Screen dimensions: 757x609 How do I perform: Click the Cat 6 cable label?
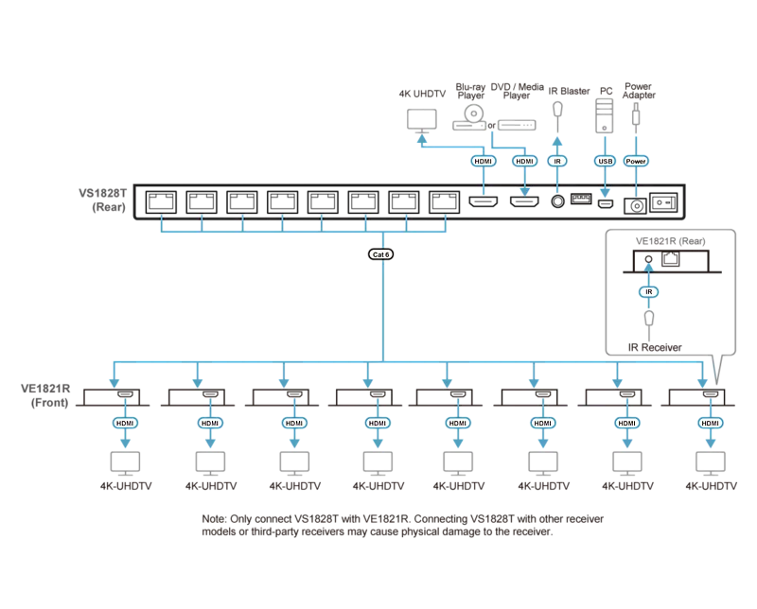(381, 254)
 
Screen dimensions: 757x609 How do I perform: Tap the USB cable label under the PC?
(605, 161)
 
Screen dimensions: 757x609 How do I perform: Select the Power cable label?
(636, 161)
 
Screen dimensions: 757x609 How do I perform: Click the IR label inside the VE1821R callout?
(649, 292)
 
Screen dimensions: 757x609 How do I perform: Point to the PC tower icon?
(605, 115)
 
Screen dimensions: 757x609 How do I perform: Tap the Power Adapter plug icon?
(636, 114)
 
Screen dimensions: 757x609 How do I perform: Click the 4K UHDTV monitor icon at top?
(422, 121)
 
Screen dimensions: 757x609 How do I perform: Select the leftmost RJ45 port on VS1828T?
(161, 201)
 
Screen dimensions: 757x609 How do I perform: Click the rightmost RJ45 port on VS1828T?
(444, 201)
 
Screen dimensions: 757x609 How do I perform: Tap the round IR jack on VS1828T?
(557, 201)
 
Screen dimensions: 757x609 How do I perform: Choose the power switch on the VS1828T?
(663, 202)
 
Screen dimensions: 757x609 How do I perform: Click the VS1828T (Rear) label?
(102, 200)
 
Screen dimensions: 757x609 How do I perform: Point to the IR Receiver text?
(655, 347)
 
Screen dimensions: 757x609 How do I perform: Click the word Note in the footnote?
(214, 519)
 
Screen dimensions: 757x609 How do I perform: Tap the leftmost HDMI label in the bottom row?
(125, 424)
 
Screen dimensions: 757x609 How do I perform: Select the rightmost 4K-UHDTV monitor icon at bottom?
(711, 463)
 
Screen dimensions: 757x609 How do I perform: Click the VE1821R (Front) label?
(45, 395)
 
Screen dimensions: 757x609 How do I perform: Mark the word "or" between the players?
(491, 126)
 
